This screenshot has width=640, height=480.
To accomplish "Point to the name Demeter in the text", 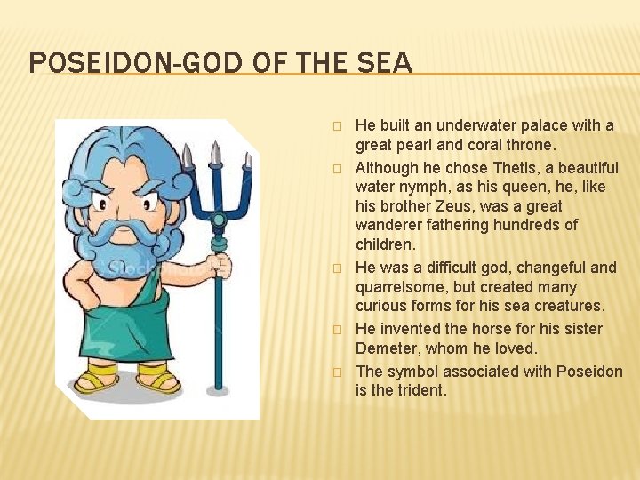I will tap(389, 348).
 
